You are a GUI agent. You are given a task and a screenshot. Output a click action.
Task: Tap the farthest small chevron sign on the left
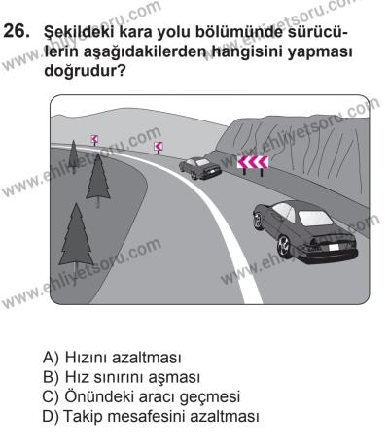[93, 139]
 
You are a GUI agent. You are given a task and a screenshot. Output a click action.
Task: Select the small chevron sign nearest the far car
[159, 147]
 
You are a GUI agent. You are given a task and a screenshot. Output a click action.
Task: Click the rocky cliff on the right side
[321, 146]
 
